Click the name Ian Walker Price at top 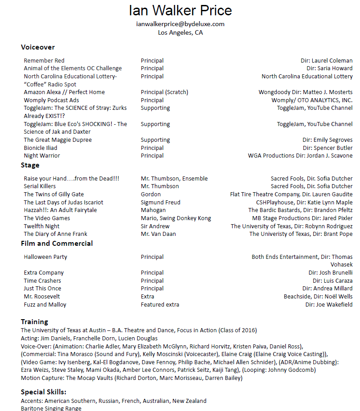(x=180, y=11)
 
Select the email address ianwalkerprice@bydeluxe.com (x=180, y=24)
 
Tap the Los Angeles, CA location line (x=180, y=32)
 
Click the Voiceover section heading (x=38, y=47)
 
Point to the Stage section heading (x=30, y=165)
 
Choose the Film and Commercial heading (x=57, y=244)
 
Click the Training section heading (x=34, y=322)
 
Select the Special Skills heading (x=44, y=392)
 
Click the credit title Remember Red (x=44, y=61)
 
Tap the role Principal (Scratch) (x=164, y=92)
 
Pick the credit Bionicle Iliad (x=40, y=148)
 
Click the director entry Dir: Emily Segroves (x=328, y=140)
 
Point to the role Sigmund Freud (x=161, y=202)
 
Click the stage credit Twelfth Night (x=41, y=226)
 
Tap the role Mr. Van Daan (x=159, y=234)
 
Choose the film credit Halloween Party (x=45, y=257)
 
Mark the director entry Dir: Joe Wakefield (x=329, y=305)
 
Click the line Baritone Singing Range (x=51, y=408)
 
